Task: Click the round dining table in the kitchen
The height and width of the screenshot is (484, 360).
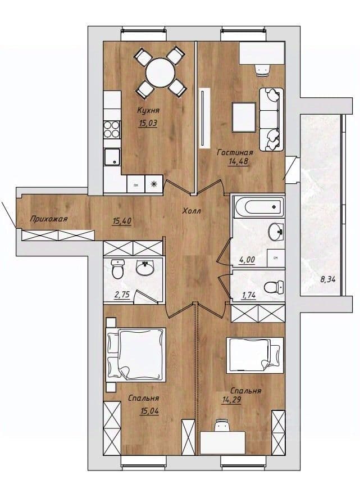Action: pyautogui.click(x=160, y=73)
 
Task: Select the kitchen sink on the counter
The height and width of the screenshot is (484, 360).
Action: pyautogui.click(x=112, y=157)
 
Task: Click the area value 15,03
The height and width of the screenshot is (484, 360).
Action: pyautogui.click(x=148, y=124)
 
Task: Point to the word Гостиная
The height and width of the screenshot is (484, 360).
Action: pyautogui.click(x=235, y=152)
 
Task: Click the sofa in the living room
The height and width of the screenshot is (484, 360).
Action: pyautogui.click(x=271, y=120)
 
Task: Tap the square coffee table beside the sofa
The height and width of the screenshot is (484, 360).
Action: pyautogui.click(x=244, y=117)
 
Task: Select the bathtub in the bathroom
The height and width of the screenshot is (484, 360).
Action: pyautogui.click(x=258, y=206)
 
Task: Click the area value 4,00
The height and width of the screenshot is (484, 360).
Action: pyautogui.click(x=247, y=260)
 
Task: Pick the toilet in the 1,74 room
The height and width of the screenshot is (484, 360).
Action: pyautogui.click(x=274, y=287)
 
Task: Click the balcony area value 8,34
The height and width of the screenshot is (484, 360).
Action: pyautogui.click(x=328, y=280)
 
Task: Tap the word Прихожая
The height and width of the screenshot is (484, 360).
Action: pyautogui.click(x=49, y=219)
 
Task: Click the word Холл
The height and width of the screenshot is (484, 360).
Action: pyautogui.click(x=192, y=211)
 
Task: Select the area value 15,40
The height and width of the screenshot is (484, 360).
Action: pyautogui.click(x=122, y=221)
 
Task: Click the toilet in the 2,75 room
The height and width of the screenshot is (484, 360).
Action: pyautogui.click(x=117, y=269)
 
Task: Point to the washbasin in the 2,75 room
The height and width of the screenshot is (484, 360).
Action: pyautogui.click(x=145, y=268)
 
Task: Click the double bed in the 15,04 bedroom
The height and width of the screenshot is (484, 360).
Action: pyautogui.click(x=136, y=354)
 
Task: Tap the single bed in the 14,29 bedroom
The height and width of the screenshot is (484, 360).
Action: pyautogui.click(x=255, y=355)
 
